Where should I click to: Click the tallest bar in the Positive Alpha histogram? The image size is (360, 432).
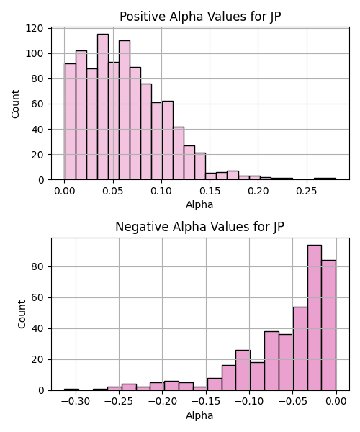pyautogui.click(x=103, y=107)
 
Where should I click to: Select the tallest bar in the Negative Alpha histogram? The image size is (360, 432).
pyautogui.click(x=314, y=318)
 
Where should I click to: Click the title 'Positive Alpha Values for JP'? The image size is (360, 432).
pyautogui.click(x=200, y=17)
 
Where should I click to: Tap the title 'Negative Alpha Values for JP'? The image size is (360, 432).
pyautogui.click(x=199, y=227)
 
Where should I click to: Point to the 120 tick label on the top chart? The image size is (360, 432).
pyautogui.click(x=35, y=28)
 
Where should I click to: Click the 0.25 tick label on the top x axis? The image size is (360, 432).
pyautogui.click(x=307, y=191)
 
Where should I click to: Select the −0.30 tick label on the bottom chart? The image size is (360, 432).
pyautogui.click(x=76, y=401)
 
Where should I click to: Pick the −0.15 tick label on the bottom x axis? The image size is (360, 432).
pyautogui.click(x=206, y=401)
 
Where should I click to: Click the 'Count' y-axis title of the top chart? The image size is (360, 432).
pyautogui.click(x=15, y=104)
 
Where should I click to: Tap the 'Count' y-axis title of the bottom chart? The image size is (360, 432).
pyautogui.click(x=22, y=315)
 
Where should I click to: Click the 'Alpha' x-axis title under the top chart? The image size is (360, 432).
pyautogui.click(x=199, y=204)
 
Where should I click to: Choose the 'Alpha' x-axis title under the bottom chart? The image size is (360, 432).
pyautogui.click(x=199, y=415)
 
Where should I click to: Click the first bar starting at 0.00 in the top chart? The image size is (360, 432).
pyautogui.click(x=71, y=122)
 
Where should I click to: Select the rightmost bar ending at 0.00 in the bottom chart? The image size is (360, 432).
pyautogui.click(x=328, y=325)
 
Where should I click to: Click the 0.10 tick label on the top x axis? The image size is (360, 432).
pyautogui.click(x=161, y=191)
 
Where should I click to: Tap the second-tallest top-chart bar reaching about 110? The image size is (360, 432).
pyautogui.click(x=125, y=110)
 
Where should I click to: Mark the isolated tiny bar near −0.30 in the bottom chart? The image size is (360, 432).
pyautogui.click(x=71, y=390)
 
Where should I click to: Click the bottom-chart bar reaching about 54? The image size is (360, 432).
pyautogui.click(x=300, y=348)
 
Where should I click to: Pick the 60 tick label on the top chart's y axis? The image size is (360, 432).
pyautogui.click(x=37, y=104)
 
